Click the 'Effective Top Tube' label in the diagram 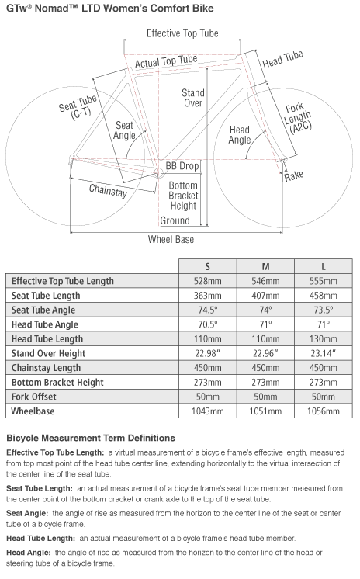tap(182, 33)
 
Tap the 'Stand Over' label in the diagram tap(193, 98)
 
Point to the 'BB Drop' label tap(182, 166)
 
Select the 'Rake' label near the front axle tap(294, 175)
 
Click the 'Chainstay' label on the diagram tap(108, 190)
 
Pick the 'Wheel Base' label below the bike tap(171, 239)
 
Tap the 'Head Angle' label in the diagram tap(240, 135)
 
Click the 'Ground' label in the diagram tap(175, 220)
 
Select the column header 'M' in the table tap(265, 266)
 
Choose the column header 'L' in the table tap(324, 266)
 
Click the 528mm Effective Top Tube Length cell tap(207, 281)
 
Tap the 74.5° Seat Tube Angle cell tap(208, 310)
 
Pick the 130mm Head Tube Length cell tap(324, 338)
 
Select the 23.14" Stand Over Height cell tap(324, 353)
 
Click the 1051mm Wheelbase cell tap(265, 411)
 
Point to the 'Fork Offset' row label tap(34, 397)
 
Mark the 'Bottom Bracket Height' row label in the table tap(57, 382)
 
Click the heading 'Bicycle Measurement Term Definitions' tap(91, 438)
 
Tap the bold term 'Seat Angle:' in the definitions tap(27, 513)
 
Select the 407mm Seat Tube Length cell tap(265, 296)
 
